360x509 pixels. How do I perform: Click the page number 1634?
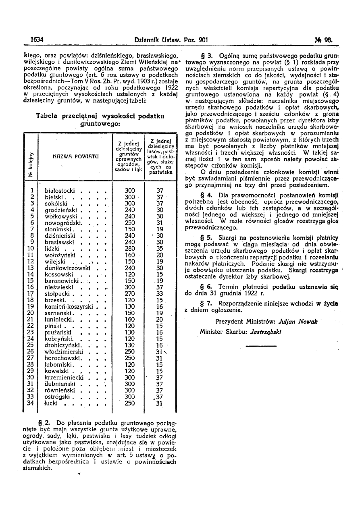(37, 39)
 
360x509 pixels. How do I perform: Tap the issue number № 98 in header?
(324, 39)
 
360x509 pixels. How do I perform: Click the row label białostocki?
(60, 190)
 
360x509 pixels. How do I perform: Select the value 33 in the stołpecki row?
(160, 294)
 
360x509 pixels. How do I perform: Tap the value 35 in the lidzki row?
(160, 249)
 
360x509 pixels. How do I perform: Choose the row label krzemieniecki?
(64, 377)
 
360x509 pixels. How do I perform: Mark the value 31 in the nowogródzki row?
(160, 222)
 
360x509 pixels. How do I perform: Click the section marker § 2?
(44, 423)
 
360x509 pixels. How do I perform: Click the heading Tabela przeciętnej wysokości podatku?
(100, 116)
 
